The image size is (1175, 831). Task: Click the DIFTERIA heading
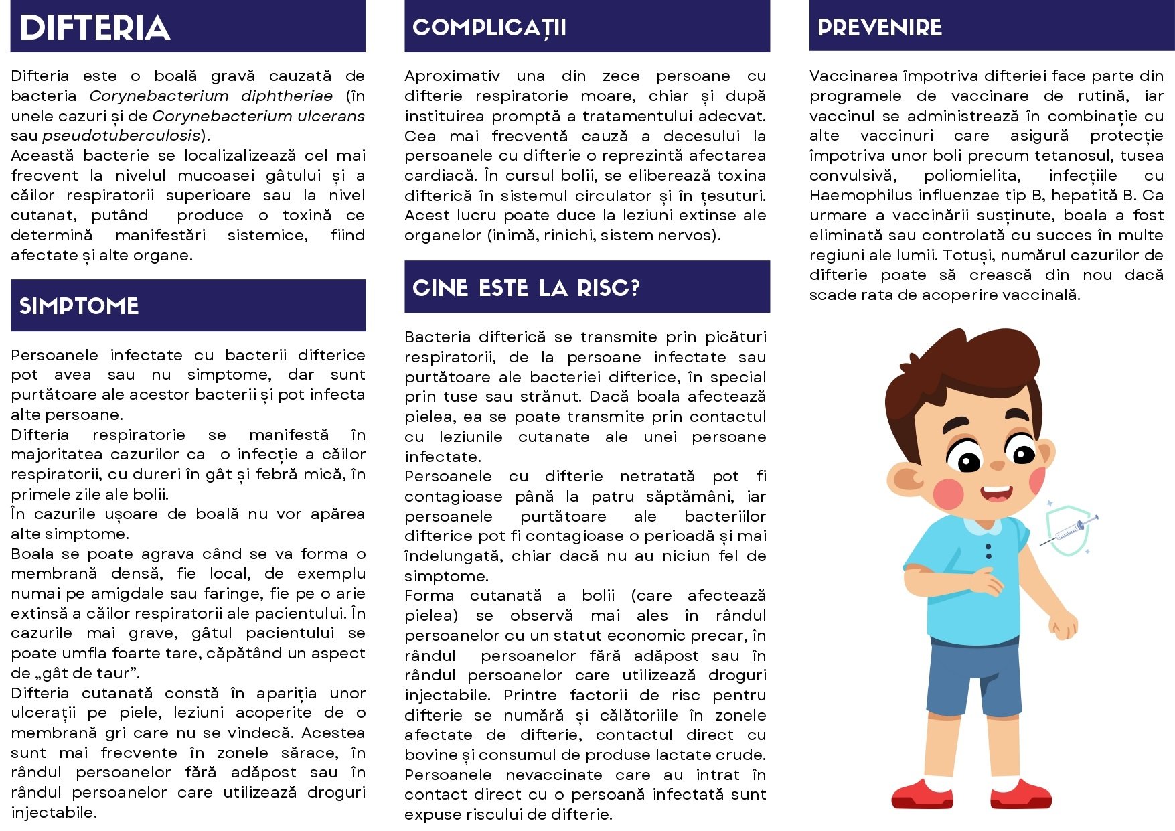coord(95,28)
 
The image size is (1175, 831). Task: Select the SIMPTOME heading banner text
coord(79,306)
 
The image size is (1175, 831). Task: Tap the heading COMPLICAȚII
coord(489,28)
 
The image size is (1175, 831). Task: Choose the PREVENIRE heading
coord(880,27)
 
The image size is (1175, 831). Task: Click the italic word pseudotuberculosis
coord(121,135)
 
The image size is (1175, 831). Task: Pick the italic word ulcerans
coord(331,116)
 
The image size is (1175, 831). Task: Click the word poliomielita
coord(972,175)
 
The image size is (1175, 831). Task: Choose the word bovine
coord(431,755)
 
